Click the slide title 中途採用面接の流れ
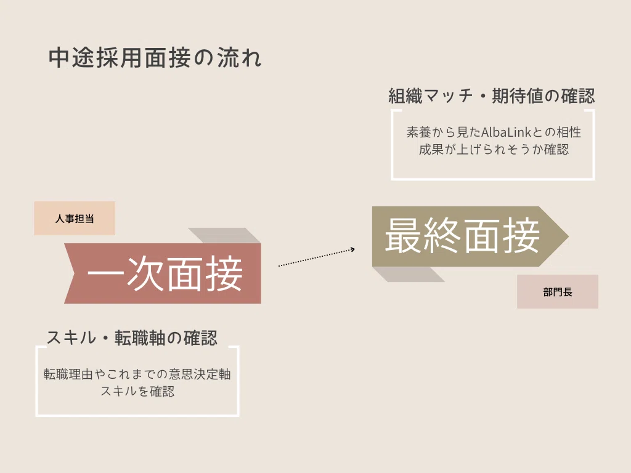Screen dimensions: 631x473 155,58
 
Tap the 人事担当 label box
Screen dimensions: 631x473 75,219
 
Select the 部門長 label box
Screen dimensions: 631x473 557,291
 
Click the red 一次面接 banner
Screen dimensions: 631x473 163,273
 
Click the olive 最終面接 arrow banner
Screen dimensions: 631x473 470,236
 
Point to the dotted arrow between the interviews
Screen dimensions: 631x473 317,257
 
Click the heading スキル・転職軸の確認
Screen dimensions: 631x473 132,338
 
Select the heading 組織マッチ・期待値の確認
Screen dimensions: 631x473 491,96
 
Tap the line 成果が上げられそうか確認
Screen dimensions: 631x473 494,150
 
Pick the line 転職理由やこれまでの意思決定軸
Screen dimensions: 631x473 137,374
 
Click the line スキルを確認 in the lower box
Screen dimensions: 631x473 137,391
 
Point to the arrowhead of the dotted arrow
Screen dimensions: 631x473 353,249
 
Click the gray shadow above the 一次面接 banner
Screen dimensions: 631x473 224,235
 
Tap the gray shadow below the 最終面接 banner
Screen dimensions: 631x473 409,274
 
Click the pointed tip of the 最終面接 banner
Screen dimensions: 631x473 568,236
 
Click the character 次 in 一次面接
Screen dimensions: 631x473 145,273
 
